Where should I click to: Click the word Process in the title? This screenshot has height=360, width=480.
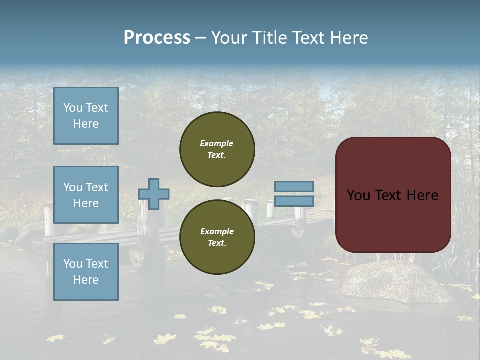157,38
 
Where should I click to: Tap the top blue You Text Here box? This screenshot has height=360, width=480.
86,116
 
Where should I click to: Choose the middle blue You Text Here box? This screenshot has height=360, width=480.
86,195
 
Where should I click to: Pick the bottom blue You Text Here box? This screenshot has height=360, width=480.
86,271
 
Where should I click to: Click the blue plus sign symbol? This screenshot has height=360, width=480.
154,194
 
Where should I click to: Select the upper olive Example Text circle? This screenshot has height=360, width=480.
217,149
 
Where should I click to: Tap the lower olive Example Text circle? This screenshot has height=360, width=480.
217,237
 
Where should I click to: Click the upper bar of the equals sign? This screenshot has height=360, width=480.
294,186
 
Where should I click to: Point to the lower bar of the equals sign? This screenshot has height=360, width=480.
294,201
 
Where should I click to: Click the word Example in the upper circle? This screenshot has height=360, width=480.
217,143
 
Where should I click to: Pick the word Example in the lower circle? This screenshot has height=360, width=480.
217,231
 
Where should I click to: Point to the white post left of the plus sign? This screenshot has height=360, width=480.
49,220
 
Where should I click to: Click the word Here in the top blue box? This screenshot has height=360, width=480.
86,124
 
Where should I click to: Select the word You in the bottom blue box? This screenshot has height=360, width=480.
72,264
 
